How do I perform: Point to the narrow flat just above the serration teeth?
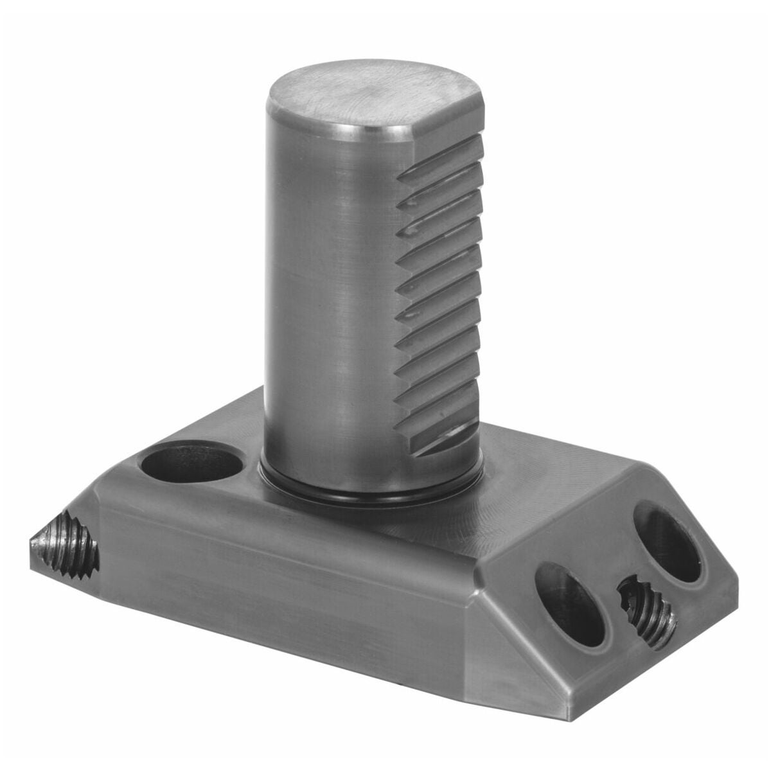click(x=450, y=151)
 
